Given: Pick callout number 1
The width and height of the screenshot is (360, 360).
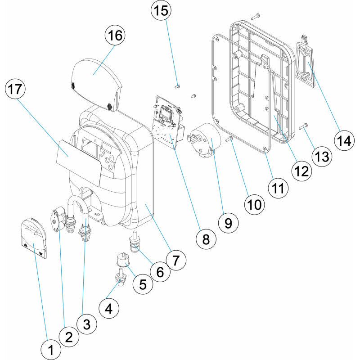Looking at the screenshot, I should [x=50, y=349].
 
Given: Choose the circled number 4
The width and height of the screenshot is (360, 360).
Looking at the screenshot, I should [x=108, y=309].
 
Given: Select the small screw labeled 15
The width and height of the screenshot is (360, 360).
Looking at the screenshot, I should [x=177, y=85].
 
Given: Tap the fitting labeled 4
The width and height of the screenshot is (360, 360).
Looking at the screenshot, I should [x=120, y=278].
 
